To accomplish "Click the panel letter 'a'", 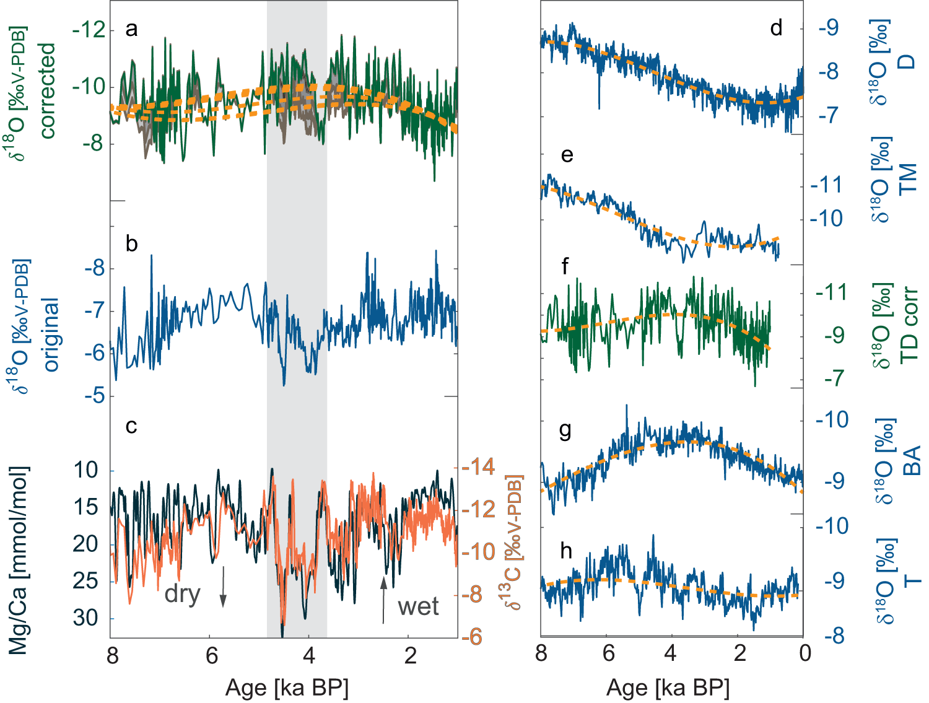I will click(131, 29).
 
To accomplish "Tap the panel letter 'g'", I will click(565, 430).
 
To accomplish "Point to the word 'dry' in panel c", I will click(182, 594).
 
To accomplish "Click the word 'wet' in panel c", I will click(418, 606).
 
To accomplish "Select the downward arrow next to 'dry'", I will click(223, 587).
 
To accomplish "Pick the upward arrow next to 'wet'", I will click(383, 599).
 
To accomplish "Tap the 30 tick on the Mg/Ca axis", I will click(85, 618).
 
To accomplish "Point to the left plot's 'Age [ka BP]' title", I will click(287, 688).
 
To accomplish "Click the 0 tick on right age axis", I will click(805, 653).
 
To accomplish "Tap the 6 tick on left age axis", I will click(212, 656).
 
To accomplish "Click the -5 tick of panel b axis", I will click(94, 395).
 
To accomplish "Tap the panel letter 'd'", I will click(776, 28).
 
